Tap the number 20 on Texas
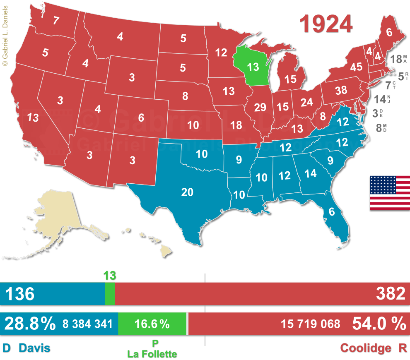click(x=187, y=192)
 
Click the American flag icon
click(x=390, y=192)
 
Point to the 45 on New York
click(x=356, y=67)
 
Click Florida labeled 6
click(x=331, y=211)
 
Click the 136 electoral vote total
click(x=19, y=294)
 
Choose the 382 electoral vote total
click(x=390, y=294)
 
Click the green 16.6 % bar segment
click(x=152, y=324)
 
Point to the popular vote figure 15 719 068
click(x=311, y=324)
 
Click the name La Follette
click(x=152, y=354)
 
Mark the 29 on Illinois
click(x=260, y=108)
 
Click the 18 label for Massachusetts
click(x=395, y=58)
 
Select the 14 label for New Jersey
click(x=380, y=99)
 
